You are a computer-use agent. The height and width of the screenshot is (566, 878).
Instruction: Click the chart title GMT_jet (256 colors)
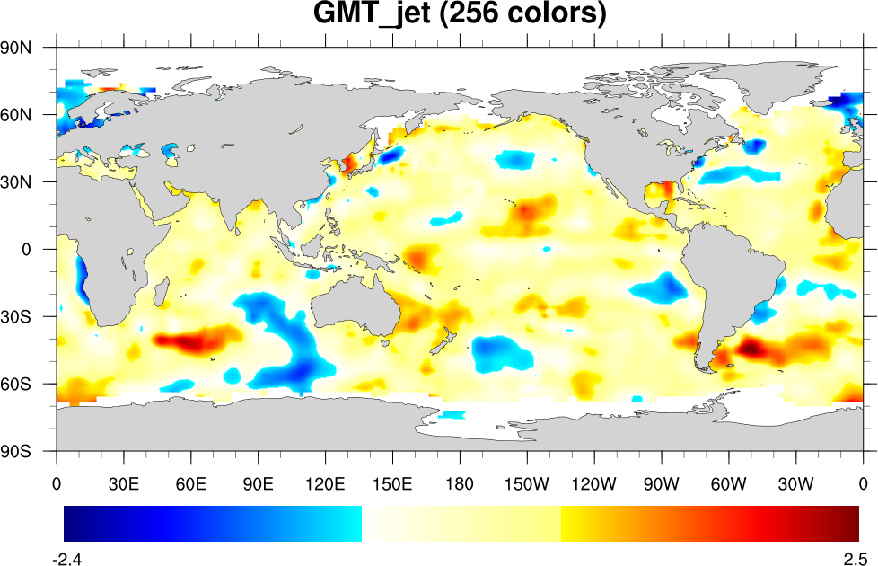[459, 15]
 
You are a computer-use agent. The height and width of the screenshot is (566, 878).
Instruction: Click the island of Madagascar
[162, 292]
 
